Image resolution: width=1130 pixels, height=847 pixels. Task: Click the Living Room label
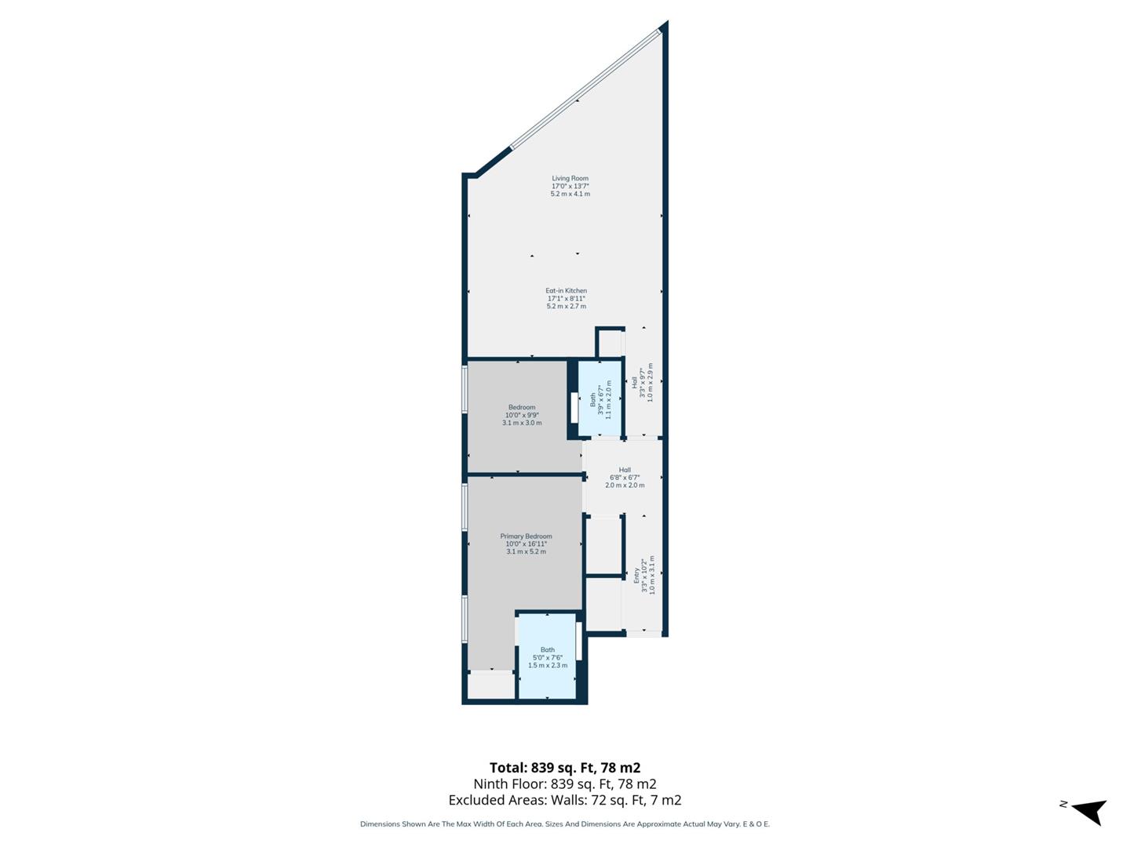point(570,178)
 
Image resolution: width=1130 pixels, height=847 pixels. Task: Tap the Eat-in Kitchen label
point(566,291)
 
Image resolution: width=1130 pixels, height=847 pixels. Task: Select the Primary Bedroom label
point(526,536)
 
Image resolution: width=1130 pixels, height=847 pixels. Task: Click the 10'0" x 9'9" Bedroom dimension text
point(522,415)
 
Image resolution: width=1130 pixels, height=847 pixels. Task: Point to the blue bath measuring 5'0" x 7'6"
point(547,657)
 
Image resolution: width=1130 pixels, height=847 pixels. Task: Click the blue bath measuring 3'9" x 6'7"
point(600,400)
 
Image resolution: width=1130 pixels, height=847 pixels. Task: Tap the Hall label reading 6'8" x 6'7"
point(625,477)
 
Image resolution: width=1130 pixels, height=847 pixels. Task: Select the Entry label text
point(636,575)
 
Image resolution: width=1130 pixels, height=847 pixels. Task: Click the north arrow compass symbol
point(1088,811)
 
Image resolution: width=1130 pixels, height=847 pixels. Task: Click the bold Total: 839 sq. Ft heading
point(565,768)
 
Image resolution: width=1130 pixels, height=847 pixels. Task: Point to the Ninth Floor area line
point(565,783)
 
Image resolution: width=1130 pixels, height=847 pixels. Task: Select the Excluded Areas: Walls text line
point(565,800)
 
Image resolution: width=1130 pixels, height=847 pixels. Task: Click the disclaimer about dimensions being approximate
point(565,824)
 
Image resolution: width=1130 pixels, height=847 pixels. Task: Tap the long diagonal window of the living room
point(585,89)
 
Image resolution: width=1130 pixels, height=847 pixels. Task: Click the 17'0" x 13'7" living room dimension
point(570,186)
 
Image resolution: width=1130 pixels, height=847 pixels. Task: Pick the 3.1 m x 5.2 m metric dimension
point(526,551)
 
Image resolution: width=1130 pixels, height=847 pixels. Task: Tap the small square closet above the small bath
point(610,343)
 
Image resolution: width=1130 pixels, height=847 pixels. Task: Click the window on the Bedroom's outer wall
point(465,390)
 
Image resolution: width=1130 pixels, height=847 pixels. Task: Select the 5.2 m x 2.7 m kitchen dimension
point(566,306)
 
